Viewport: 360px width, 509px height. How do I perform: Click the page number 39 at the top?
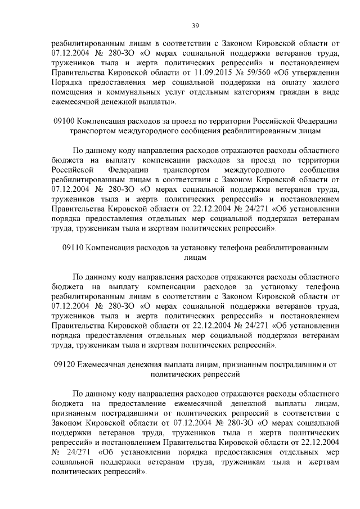pos(195,25)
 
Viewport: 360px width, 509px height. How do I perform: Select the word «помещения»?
pos(70,92)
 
